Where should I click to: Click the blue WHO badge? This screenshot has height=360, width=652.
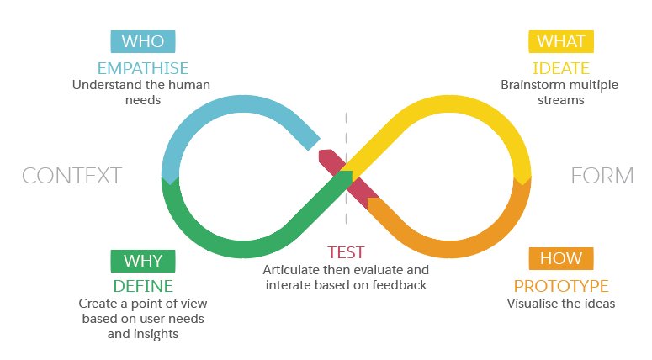pos(143,41)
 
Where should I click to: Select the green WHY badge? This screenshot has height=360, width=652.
pos(142,261)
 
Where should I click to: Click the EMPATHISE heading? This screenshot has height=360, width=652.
pos(143,67)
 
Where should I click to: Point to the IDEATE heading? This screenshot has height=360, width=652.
pos(560,67)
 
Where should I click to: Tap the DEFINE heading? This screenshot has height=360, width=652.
pos(142,285)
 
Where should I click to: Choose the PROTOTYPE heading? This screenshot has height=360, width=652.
pos(560,285)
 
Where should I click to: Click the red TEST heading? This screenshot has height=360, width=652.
pos(346,252)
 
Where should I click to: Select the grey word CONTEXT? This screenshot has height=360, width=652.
pos(72,176)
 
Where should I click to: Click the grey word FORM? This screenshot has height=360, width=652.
pos(602,176)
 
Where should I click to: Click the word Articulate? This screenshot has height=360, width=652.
pos(293,270)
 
